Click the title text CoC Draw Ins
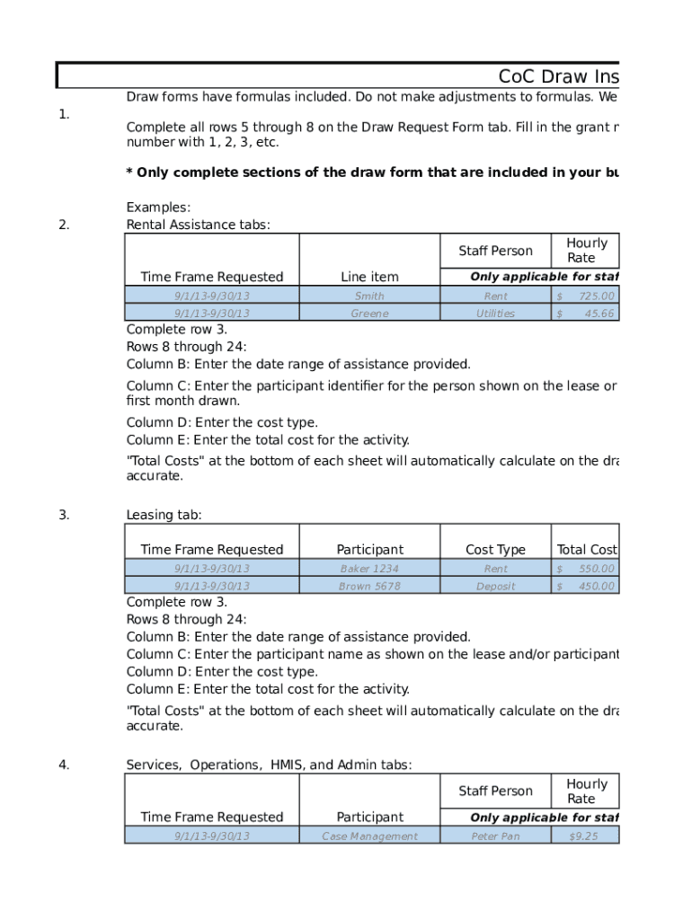558,76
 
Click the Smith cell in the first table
369,296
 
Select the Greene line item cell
369,314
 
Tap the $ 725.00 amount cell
585,296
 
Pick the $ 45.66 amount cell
585,314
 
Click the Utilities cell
495,314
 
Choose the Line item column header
369,277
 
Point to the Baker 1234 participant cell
369,569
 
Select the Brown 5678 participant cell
369,586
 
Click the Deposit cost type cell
495,586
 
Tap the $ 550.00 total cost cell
585,569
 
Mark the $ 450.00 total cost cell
585,586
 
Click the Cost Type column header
495,550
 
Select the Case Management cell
369,836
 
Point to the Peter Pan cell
495,836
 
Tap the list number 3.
64,515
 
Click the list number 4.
64,765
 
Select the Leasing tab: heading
164,515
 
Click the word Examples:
158,208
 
